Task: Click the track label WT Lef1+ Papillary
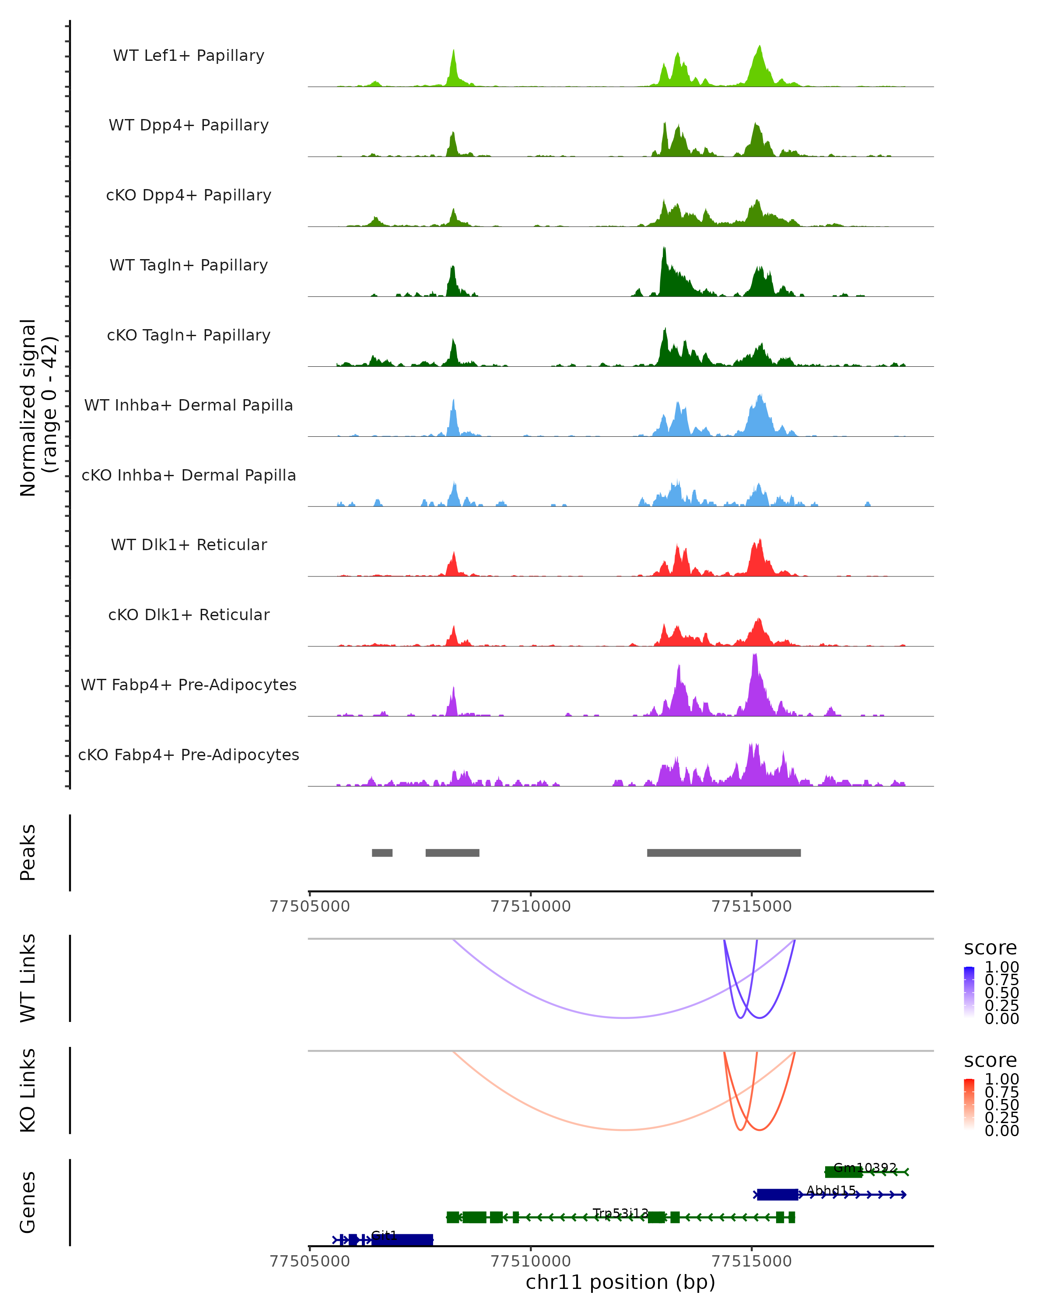click(189, 56)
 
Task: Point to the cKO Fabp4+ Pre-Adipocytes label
click(189, 755)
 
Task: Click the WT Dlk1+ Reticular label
click(189, 544)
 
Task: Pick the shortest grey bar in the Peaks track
click(382, 853)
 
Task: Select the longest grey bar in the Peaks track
click(724, 853)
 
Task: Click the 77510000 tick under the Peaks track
click(531, 906)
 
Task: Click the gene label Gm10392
click(865, 1167)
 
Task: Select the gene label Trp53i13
click(620, 1213)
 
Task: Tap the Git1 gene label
click(384, 1235)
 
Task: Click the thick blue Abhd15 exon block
click(777, 1195)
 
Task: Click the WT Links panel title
click(28, 978)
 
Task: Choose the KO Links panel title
click(28, 1091)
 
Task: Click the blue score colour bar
click(969, 991)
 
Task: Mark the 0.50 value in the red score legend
click(1001, 1105)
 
